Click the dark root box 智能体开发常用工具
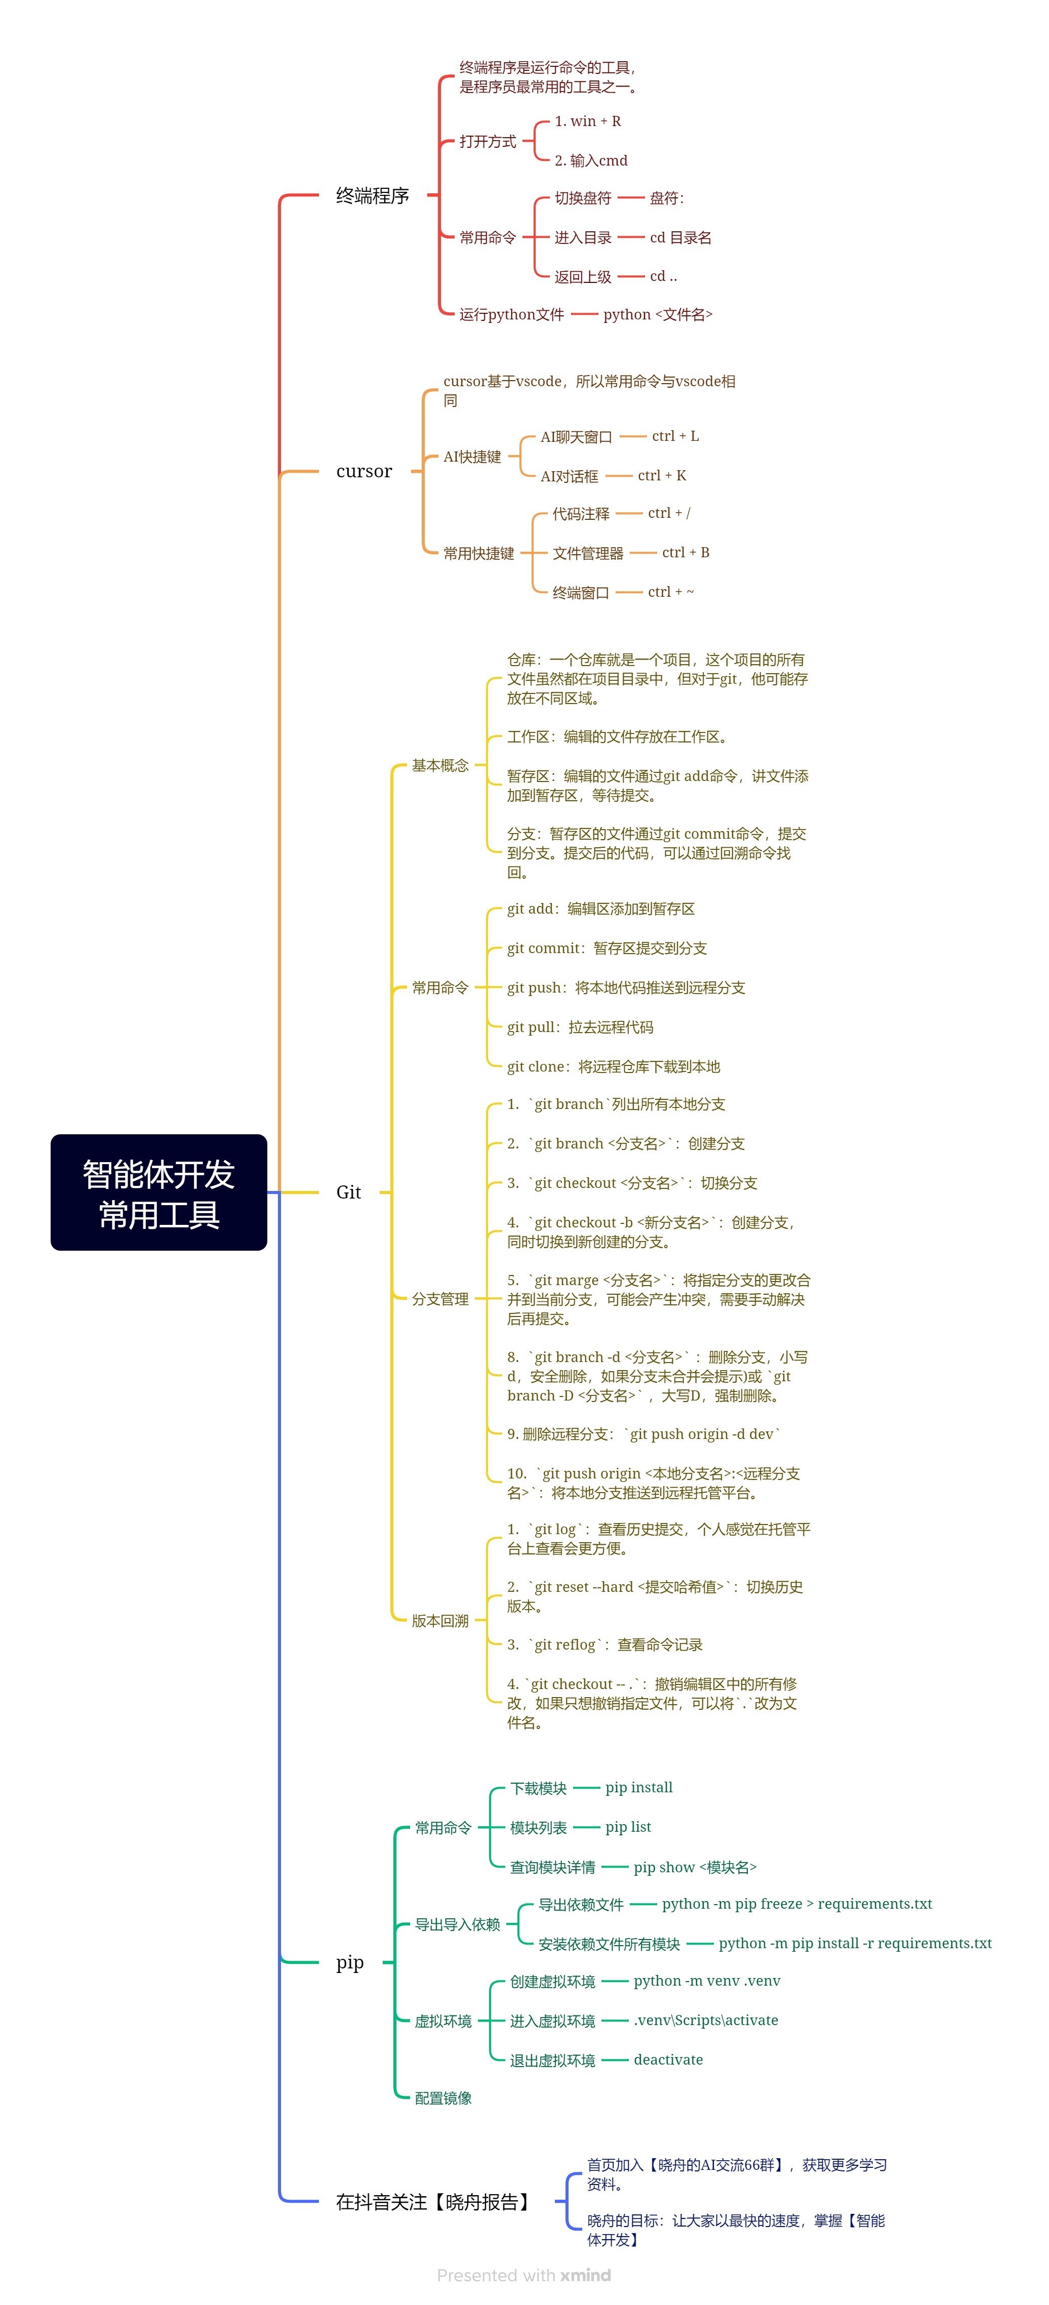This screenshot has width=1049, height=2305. [158, 1192]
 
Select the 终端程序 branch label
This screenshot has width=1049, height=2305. [372, 195]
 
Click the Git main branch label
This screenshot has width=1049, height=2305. [348, 1192]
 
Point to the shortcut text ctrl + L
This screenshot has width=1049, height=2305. [675, 436]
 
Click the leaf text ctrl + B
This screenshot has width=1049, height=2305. [685, 552]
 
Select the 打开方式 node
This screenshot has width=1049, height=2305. [488, 141]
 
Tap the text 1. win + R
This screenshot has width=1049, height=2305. [587, 121]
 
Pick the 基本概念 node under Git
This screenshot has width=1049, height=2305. [439, 765]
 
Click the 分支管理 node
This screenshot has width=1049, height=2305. [439, 1298]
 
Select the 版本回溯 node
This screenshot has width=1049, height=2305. [439, 1621]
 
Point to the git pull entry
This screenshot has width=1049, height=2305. [580, 1027]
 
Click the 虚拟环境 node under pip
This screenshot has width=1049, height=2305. [443, 2021]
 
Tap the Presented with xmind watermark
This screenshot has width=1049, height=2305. [523, 2275]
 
